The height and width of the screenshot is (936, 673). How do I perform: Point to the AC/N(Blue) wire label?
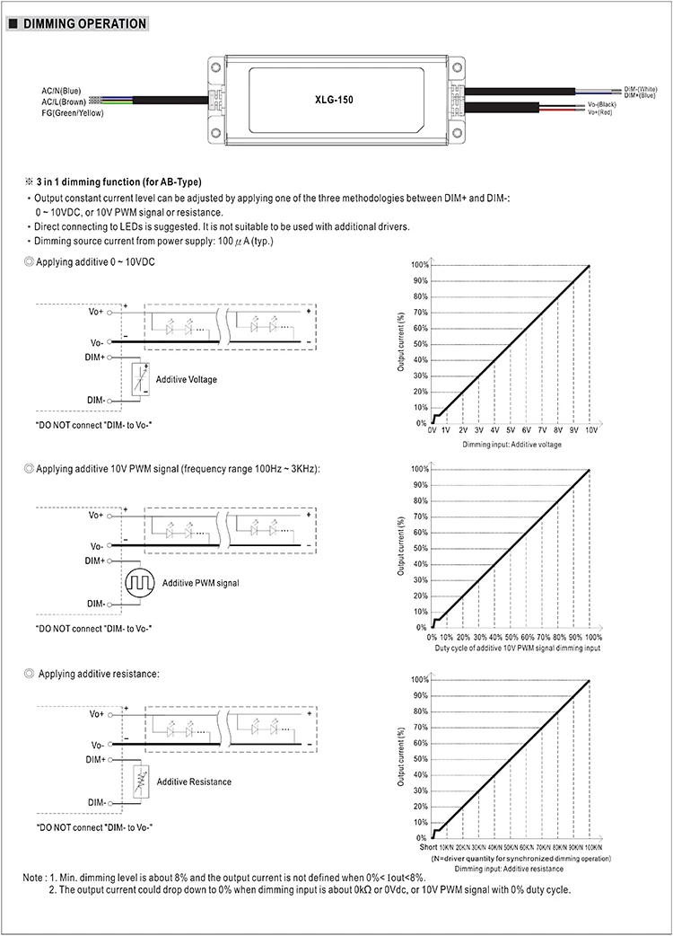[x=61, y=91]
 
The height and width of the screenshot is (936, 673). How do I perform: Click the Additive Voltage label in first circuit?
[x=186, y=379]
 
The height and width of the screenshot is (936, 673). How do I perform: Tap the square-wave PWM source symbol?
[x=140, y=582]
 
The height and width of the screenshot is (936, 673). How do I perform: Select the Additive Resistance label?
[x=194, y=781]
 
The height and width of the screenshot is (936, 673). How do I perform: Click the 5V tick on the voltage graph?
[x=510, y=431]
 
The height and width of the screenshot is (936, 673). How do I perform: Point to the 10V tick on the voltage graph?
[x=590, y=431]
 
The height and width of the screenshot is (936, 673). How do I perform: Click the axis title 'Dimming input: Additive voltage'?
[x=511, y=445]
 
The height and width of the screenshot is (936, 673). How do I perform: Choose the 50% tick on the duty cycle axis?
[x=511, y=636]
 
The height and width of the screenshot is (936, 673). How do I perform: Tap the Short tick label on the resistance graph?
[x=428, y=847]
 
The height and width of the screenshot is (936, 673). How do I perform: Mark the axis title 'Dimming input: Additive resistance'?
[x=509, y=869]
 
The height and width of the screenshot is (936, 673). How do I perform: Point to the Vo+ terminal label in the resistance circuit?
[x=95, y=714]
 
